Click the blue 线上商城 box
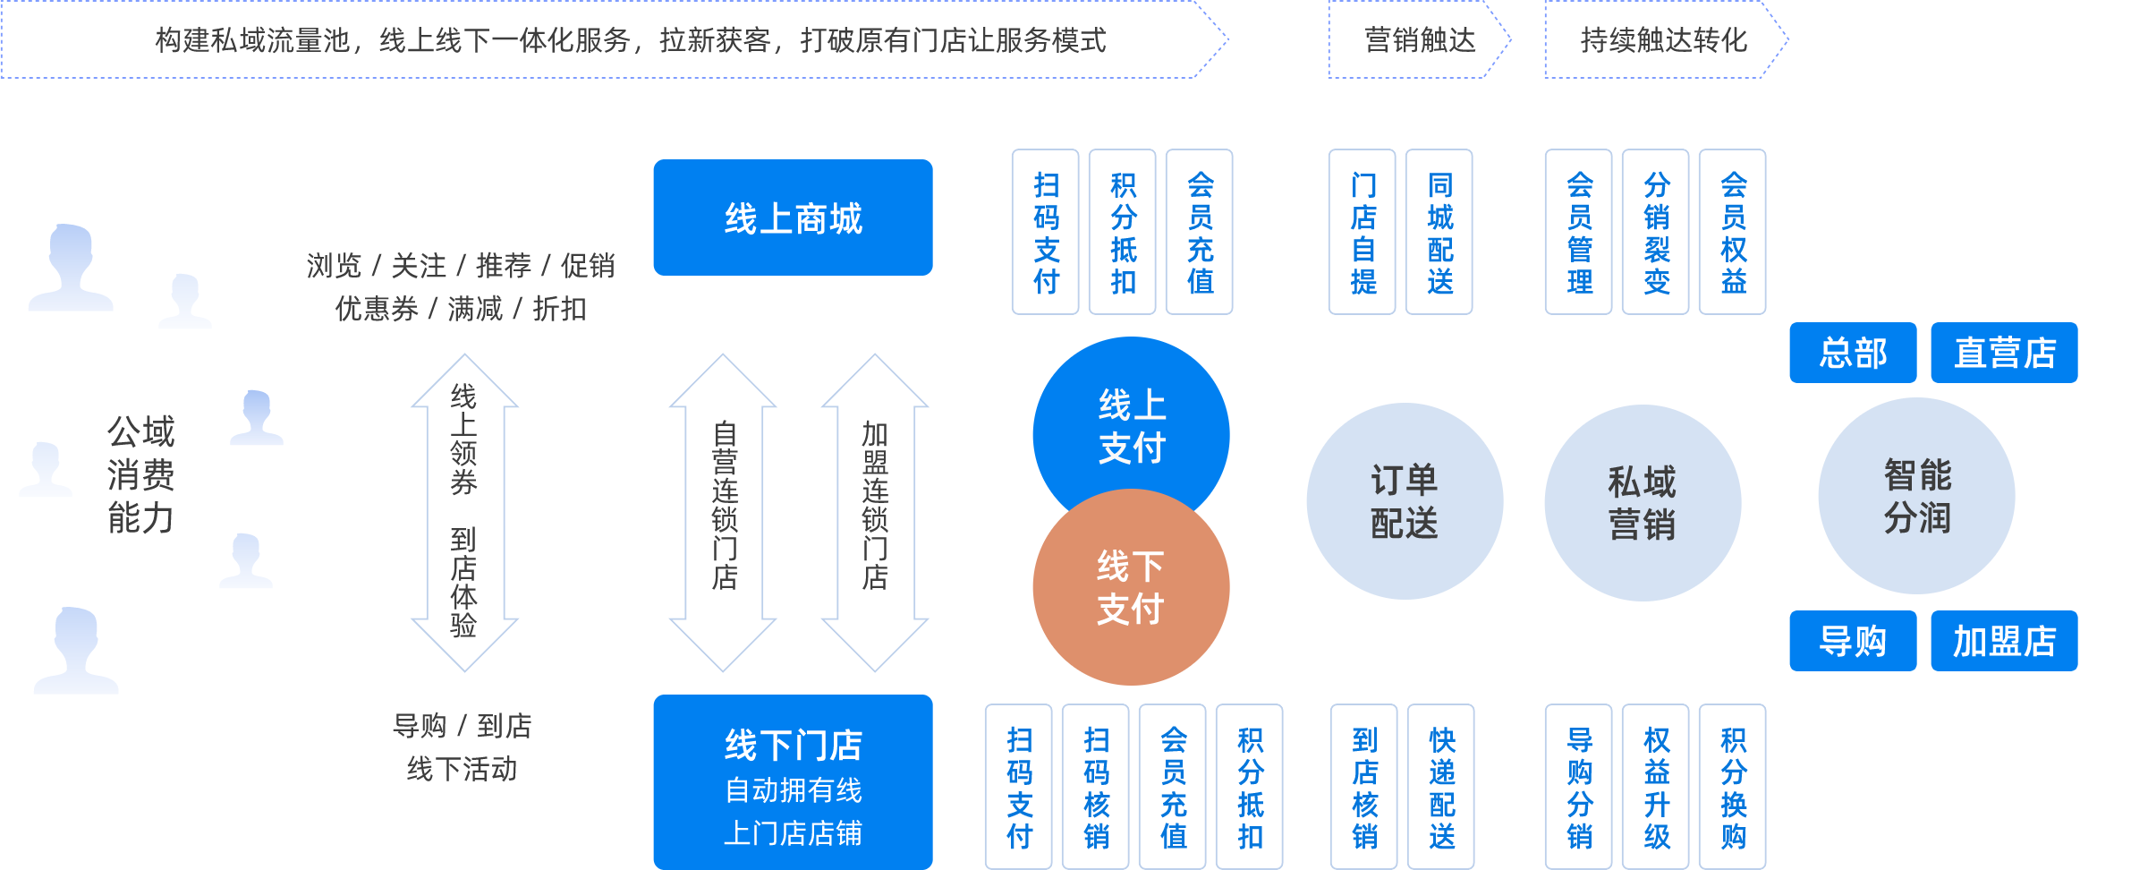[x=793, y=217]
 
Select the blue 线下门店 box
[x=793, y=781]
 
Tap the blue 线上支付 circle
[x=1131, y=421]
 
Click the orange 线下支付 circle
[x=1131, y=591]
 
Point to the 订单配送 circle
[x=1405, y=501]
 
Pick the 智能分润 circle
[x=1917, y=496]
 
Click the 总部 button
[x=1853, y=353]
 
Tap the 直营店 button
[x=2004, y=353]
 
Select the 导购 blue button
[x=1853, y=641]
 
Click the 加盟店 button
[x=2004, y=641]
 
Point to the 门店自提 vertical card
[x=1363, y=233]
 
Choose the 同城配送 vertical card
[x=1439, y=233]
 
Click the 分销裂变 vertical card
[x=1656, y=233]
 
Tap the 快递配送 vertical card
[x=1441, y=788]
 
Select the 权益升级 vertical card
[x=1656, y=788]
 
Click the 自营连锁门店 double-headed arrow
[x=724, y=512]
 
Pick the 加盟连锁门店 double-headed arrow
[x=875, y=512]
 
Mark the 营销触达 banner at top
[x=1419, y=39]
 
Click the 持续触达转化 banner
[x=1664, y=39]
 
